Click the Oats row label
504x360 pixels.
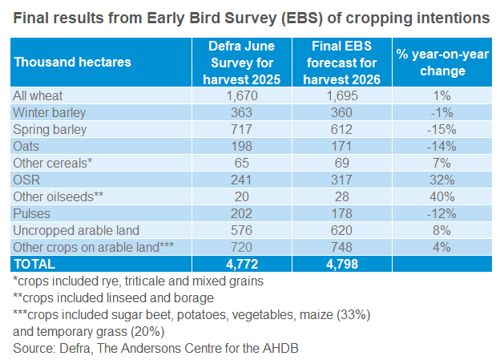click(27, 146)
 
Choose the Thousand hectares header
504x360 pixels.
click(73, 62)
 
